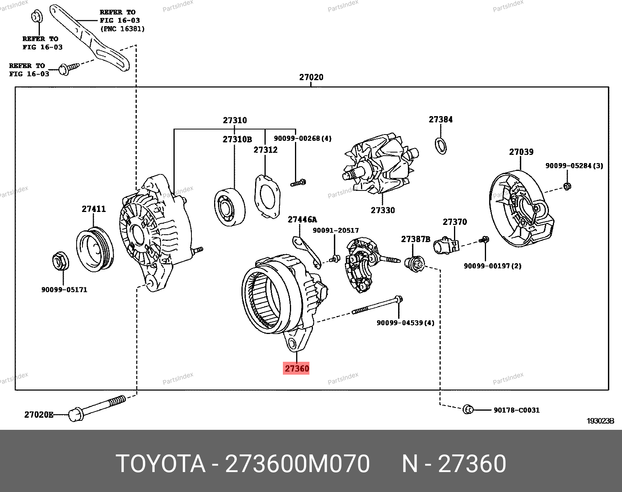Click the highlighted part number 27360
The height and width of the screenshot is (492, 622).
pos(297,368)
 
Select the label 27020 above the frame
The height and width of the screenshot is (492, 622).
pos(311,77)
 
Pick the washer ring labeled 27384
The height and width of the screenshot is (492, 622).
pos(441,145)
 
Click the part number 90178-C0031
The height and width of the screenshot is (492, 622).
pos(517,410)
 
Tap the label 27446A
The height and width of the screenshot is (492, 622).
pos(302,219)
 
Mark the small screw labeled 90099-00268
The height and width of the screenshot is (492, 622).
pos(298,182)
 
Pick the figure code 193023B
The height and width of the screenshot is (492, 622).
pos(601,421)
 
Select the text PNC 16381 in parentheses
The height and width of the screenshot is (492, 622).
pos(123,29)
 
